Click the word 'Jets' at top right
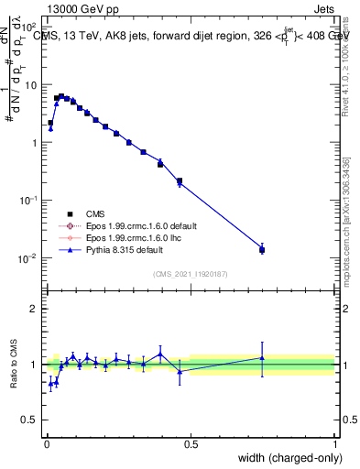pyautogui.click(x=324, y=7)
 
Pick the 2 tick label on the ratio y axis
pyautogui.click(x=35, y=309)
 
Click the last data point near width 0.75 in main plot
pyautogui.click(x=262, y=249)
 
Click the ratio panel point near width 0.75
pyautogui.click(x=262, y=358)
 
